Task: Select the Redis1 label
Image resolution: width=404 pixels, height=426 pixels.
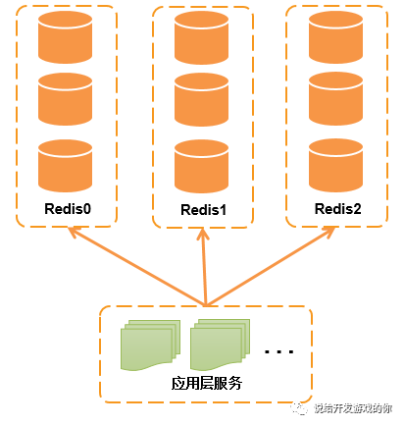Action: coord(204,210)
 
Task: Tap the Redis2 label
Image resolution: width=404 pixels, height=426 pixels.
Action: coord(338,209)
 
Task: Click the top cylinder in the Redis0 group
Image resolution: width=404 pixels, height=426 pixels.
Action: coord(66,38)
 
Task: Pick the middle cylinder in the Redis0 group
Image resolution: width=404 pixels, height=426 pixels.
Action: coord(66,100)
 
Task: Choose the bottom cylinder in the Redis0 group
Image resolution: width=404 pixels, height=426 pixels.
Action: coord(66,165)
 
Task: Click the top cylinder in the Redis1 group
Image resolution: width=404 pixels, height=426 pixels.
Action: coord(201,38)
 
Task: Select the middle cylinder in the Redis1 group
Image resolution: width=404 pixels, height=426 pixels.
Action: coord(201,100)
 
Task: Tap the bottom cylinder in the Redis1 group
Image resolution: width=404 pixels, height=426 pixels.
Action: coord(201,165)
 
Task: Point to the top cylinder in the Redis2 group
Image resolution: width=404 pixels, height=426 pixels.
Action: coord(336,38)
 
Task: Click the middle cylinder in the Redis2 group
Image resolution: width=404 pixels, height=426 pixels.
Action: coord(336,100)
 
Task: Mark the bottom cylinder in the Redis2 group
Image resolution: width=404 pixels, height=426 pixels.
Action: coord(336,165)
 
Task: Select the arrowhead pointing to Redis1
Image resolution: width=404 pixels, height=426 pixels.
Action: coord(204,236)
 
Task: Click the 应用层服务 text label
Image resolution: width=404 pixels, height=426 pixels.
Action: coord(207,384)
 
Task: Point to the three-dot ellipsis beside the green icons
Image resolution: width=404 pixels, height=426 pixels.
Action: coord(279,350)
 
